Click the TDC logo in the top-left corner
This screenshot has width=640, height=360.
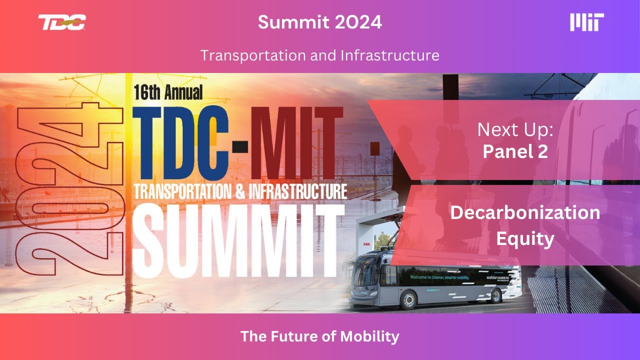click(x=62, y=22)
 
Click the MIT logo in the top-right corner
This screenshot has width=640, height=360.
click(x=587, y=22)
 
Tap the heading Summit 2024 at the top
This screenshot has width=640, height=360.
click(x=320, y=22)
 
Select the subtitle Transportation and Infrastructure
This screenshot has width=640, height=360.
click(x=320, y=55)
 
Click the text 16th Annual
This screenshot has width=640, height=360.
click(x=168, y=92)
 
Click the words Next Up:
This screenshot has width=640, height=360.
click(x=515, y=130)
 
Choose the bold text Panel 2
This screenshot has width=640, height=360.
click(x=515, y=151)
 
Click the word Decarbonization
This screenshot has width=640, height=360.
click(x=525, y=212)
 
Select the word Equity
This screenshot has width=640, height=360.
click(x=525, y=239)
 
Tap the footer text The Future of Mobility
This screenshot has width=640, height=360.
click(x=320, y=336)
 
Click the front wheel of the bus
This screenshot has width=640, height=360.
click(x=408, y=300)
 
